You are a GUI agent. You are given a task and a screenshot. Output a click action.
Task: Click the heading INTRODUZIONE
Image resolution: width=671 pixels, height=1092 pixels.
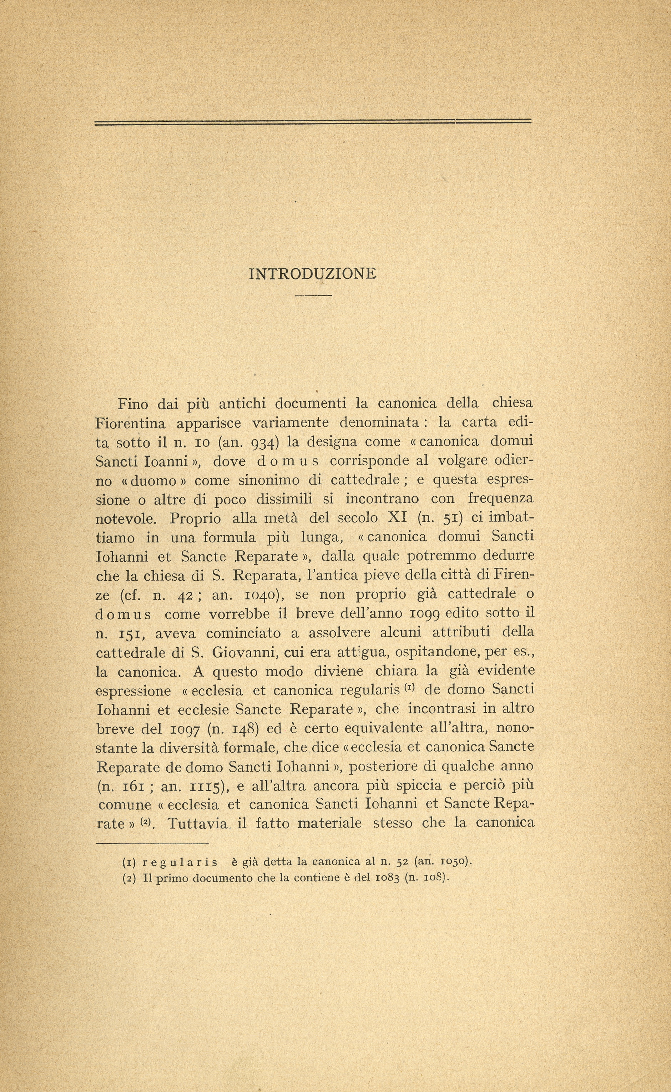tap(312, 274)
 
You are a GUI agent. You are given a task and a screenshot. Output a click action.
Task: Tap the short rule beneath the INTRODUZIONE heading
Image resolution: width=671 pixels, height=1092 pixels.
tap(313, 295)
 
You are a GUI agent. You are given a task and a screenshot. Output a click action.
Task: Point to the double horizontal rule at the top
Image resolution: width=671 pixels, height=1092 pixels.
tap(313, 122)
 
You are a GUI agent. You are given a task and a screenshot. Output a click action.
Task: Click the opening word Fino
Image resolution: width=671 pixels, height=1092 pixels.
tap(133, 403)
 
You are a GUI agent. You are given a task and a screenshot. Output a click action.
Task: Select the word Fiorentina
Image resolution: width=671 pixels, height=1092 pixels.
tap(131, 423)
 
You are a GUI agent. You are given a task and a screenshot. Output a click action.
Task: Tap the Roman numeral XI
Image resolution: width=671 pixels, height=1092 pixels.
tap(398, 518)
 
